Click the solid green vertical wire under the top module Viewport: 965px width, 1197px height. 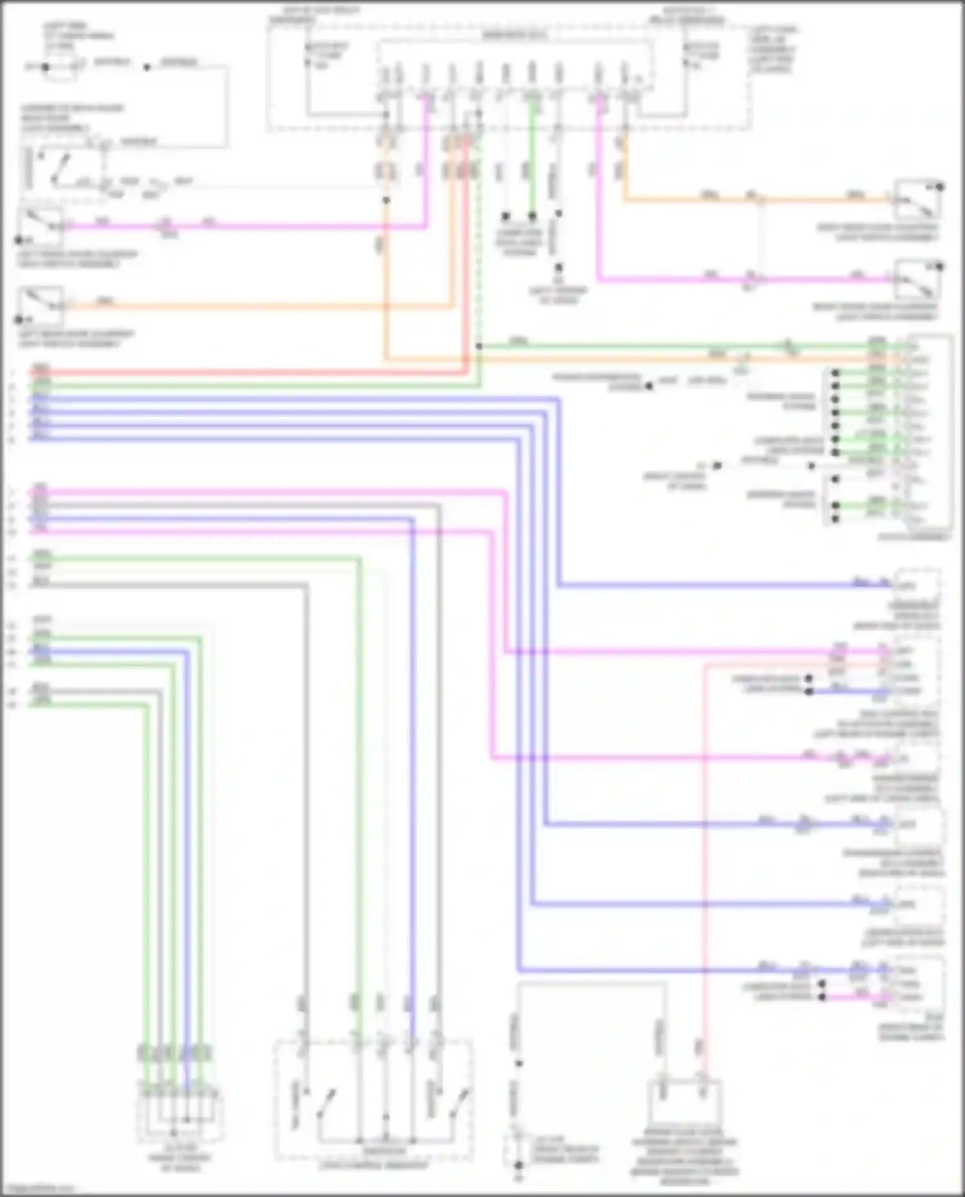532,154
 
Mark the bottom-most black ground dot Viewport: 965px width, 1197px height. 519,1165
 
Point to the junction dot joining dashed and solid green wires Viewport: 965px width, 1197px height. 479,347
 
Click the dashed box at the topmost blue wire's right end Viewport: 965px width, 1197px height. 917,585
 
